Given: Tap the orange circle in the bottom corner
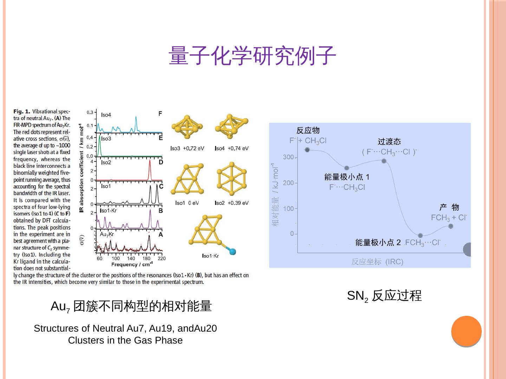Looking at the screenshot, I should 466,331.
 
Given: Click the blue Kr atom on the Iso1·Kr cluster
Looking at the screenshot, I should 232,251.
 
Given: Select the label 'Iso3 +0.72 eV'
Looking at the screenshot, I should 187,148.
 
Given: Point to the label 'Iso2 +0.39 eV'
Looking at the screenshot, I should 232,203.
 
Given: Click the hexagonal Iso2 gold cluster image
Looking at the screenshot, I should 232,179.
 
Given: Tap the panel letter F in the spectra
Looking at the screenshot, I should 160,114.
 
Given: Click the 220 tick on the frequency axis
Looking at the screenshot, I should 161,259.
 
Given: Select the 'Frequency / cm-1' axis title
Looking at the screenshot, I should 132,264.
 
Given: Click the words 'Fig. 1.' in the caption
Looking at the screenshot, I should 22,111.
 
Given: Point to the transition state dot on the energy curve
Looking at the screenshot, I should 384,161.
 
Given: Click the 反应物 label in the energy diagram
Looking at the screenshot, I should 308,131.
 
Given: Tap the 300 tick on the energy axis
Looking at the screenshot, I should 288,157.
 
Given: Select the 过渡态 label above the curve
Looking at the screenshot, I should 389,142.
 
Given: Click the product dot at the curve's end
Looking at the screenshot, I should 451,226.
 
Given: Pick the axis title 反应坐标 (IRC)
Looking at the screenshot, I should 377,262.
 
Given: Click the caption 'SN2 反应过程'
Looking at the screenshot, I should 384,296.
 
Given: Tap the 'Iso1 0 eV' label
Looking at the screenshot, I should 187,203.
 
